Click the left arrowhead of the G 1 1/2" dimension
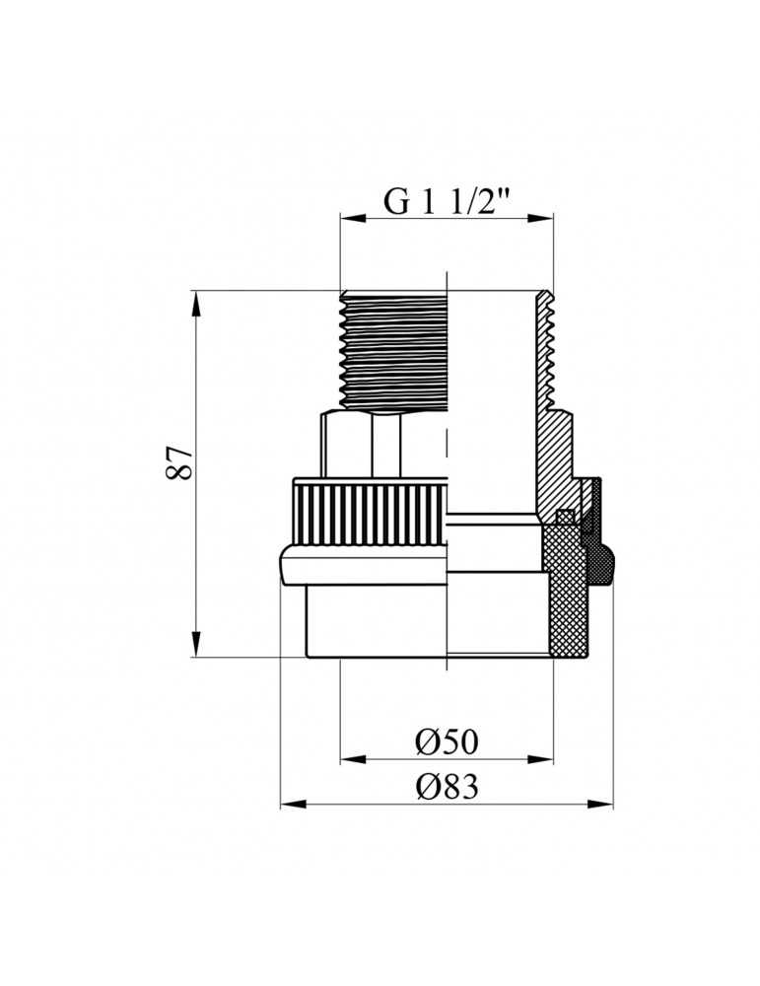(x=348, y=220)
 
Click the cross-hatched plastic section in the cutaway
(x=563, y=592)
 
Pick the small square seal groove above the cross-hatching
(x=565, y=516)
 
